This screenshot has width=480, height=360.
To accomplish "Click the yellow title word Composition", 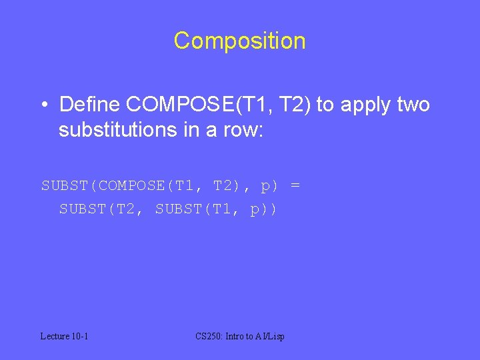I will [x=239, y=41].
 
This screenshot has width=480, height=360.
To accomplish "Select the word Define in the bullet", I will [x=89, y=105].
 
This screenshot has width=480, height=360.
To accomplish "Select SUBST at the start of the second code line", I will [x=78, y=209].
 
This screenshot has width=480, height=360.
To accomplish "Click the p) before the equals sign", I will [x=269, y=185].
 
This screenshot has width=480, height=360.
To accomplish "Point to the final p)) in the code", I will [x=264, y=209].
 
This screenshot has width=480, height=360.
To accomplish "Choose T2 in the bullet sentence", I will [x=295, y=105].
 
